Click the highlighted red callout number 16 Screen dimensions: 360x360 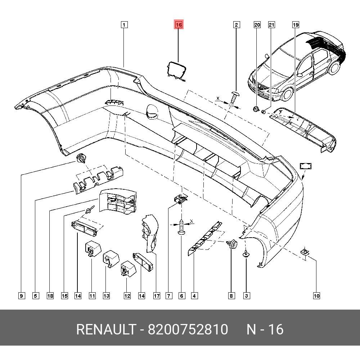(x=179, y=25)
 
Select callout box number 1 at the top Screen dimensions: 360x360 (x=124, y=25)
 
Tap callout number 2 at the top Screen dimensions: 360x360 (x=236, y=25)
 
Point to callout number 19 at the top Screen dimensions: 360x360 (x=295, y=25)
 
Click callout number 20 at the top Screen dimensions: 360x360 (x=257, y=25)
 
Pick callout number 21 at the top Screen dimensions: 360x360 (x=271, y=25)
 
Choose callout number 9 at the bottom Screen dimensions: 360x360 (x=21, y=296)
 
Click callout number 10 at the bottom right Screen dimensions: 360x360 (x=316, y=296)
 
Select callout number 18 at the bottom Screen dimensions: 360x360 (x=50, y=296)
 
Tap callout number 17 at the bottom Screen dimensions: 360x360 (x=157, y=296)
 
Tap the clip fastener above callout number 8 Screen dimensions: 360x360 (x=233, y=245)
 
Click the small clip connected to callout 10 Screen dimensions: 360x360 (x=305, y=251)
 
